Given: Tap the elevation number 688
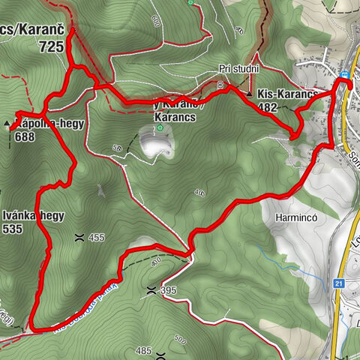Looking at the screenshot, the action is (x=25, y=137).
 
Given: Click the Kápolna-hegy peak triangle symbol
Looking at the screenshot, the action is (x=7, y=122).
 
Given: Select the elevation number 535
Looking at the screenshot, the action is (x=13, y=230).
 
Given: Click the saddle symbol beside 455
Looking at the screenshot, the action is (x=79, y=237).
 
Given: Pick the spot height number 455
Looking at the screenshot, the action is (x=97, y=238).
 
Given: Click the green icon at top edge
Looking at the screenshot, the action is (x=191, y=3).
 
